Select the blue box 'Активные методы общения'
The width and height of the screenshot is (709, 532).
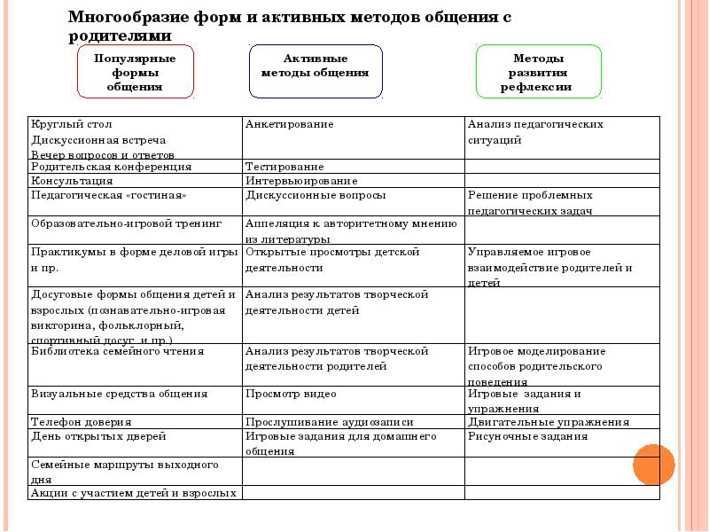pos(315,72)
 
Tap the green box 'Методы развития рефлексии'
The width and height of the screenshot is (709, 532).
pos(538,72)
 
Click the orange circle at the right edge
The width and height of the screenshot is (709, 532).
pos(654,464)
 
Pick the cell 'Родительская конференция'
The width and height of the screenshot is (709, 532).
pos(111,166)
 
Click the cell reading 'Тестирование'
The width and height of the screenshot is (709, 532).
pos(284,166)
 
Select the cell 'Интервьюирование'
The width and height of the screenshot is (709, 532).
pos(295,180)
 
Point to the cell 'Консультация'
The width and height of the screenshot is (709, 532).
pos(72,180)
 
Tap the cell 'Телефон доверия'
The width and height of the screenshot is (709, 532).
pos(82,422)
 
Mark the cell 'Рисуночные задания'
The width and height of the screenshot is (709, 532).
pos(527,436)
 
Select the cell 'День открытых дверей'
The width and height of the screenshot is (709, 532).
pos(98,436)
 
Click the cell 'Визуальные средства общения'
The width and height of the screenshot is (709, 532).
pos(120,394)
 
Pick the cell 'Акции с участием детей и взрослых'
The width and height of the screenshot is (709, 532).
pos(134,492)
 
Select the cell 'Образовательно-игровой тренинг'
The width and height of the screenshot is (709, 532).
pos(125,223)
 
